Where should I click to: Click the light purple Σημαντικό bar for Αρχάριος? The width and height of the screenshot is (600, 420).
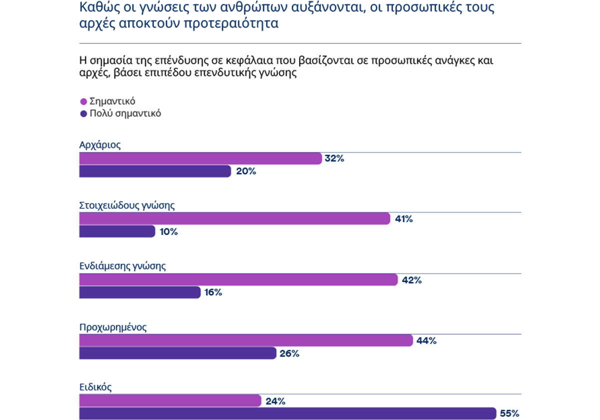coord(200,159)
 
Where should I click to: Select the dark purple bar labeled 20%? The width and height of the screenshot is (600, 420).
coord(155,171)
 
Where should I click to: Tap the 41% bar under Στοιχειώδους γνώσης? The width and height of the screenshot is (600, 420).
coord(234,219)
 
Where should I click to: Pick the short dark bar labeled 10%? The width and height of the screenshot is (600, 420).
coord(117,232)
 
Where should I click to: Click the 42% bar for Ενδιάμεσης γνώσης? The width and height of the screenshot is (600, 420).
coord(238,280)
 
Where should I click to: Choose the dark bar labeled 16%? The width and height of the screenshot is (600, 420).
coord(140,293)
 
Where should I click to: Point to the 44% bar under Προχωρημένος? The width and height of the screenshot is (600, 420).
coord(245,341)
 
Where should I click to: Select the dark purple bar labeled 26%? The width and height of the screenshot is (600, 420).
coord(177,354)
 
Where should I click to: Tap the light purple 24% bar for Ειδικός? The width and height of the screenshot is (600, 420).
coord(170,401)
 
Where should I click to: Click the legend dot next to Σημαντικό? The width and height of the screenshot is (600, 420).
coord(83,101)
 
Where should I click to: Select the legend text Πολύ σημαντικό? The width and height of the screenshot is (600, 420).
coord(125,113)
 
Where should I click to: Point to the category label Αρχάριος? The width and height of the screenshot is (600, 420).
coord(100,145)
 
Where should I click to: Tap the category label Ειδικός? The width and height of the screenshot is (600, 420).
coord(95,387)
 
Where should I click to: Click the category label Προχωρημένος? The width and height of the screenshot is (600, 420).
coord(113,327)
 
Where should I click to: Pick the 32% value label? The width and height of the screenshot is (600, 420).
coord(334,159)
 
